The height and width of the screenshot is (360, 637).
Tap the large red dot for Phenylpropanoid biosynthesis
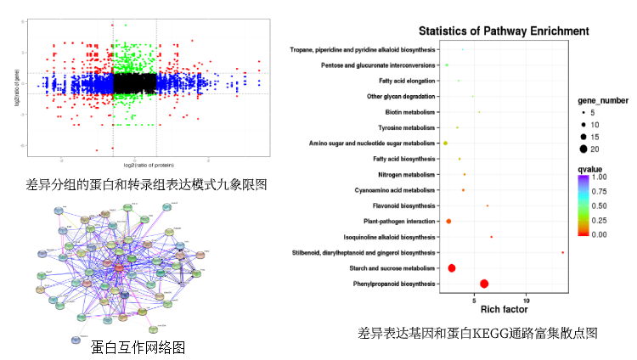(x=484, y=284)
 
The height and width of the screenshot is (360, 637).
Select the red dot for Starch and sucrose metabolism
(x=452, y=268)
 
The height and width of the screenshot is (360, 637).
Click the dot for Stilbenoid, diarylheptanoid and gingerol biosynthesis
(x=563, y=252)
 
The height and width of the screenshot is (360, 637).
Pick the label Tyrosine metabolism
(x=406, y=127)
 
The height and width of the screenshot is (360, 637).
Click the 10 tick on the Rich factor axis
(x=527, y=299)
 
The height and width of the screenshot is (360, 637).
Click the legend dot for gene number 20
(x=584, y=149)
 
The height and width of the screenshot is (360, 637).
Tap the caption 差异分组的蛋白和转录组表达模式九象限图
(x=146, y=184)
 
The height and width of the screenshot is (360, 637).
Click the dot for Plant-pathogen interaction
(x=448, y=221)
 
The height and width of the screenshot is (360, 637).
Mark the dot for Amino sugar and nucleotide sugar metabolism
(x=445, y=143)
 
